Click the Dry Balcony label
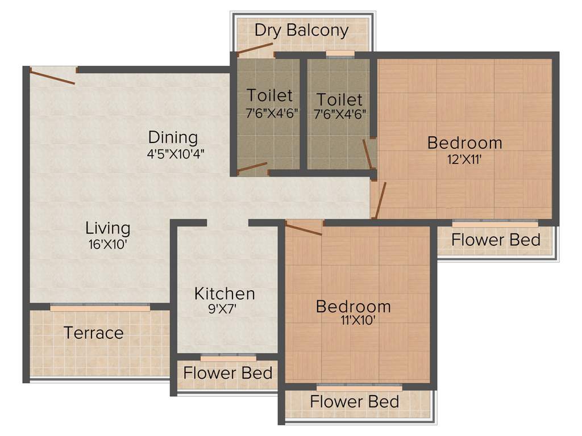(301, 30)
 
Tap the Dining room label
(173, 137)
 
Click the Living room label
(108, 228)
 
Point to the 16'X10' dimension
(107, 245)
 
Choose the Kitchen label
(225, 294)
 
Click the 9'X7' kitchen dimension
(225, 309)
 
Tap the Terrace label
(93, 333)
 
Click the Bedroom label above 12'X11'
(464, 142)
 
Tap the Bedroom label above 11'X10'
(353, 307)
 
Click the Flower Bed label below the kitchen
(227, 373)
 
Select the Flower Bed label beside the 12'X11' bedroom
(496, 240)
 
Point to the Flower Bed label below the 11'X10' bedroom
(354, 402)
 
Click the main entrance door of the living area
(52, 76)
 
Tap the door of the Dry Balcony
(255, 49)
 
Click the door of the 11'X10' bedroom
(304, 229)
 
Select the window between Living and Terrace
(100, 307)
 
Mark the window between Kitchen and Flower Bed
(228, 358)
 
